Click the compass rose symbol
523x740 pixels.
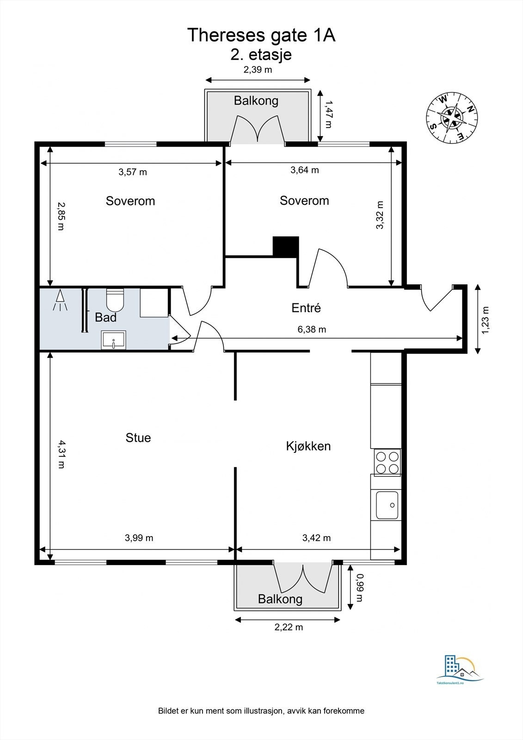(x=452, y=117)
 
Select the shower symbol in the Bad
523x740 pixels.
(x=60, y=300)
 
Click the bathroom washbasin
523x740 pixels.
(x=113, y=339)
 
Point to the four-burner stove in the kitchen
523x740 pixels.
(x=387, y=462)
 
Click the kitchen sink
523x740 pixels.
(x=387, y=505)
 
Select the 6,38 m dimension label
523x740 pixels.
(x=312, y=329)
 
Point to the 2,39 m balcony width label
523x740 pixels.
(x=258, y=70)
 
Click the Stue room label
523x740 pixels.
(x=138, y=438)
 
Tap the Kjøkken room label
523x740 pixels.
(x=308, y=446)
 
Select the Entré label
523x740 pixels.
(x=306, y=308)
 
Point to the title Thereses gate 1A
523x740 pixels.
(x=261, y=35)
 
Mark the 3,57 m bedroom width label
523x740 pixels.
(x=133, y=172)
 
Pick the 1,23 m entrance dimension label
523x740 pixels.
(x=485, y=320)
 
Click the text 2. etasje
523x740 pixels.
(x=261, y=55)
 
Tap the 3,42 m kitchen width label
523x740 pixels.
(x=316, y=538)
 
